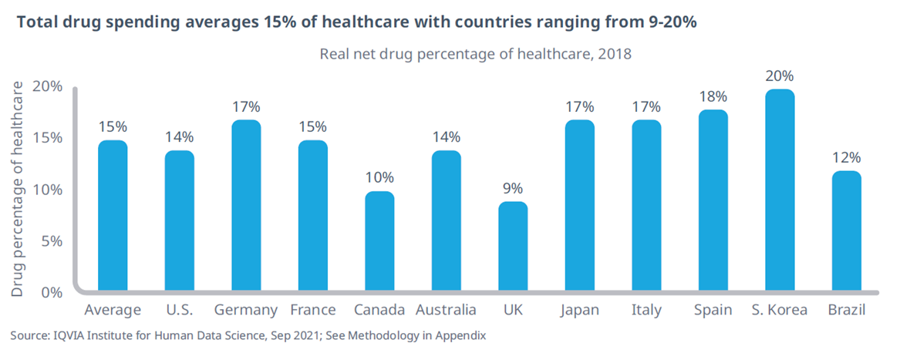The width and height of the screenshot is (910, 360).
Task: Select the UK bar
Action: tap(513, 247)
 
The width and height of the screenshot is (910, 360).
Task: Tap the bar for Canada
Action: tap(379, 242)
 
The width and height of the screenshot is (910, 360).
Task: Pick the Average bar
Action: tap(113, 217)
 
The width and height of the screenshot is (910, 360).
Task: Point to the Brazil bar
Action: tap(846, 231)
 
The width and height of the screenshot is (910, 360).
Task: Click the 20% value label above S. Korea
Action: tap(779, 76)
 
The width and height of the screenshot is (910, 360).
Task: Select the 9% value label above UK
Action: tap(513, 188)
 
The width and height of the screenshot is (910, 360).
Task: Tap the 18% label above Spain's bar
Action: tap(713, 97)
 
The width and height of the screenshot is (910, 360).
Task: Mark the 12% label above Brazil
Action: tap(846, 157)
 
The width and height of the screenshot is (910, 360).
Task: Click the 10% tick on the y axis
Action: tap(48, 190)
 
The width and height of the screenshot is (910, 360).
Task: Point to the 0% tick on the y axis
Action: tap(52, 293)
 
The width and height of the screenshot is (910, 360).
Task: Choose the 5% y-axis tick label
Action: tap(52, 241)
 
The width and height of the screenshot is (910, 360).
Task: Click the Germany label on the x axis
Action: tap(246, 310)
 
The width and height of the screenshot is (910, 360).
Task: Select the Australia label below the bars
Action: tap(446, 310)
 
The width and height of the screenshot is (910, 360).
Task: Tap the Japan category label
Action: tap(579, 310)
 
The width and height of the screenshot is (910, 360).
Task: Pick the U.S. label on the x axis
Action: tap(180, 310)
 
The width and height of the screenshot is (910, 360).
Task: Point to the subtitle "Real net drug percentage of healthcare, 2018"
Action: tap(476, 54)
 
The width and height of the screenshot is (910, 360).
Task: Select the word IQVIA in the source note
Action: tap(69, 336)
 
